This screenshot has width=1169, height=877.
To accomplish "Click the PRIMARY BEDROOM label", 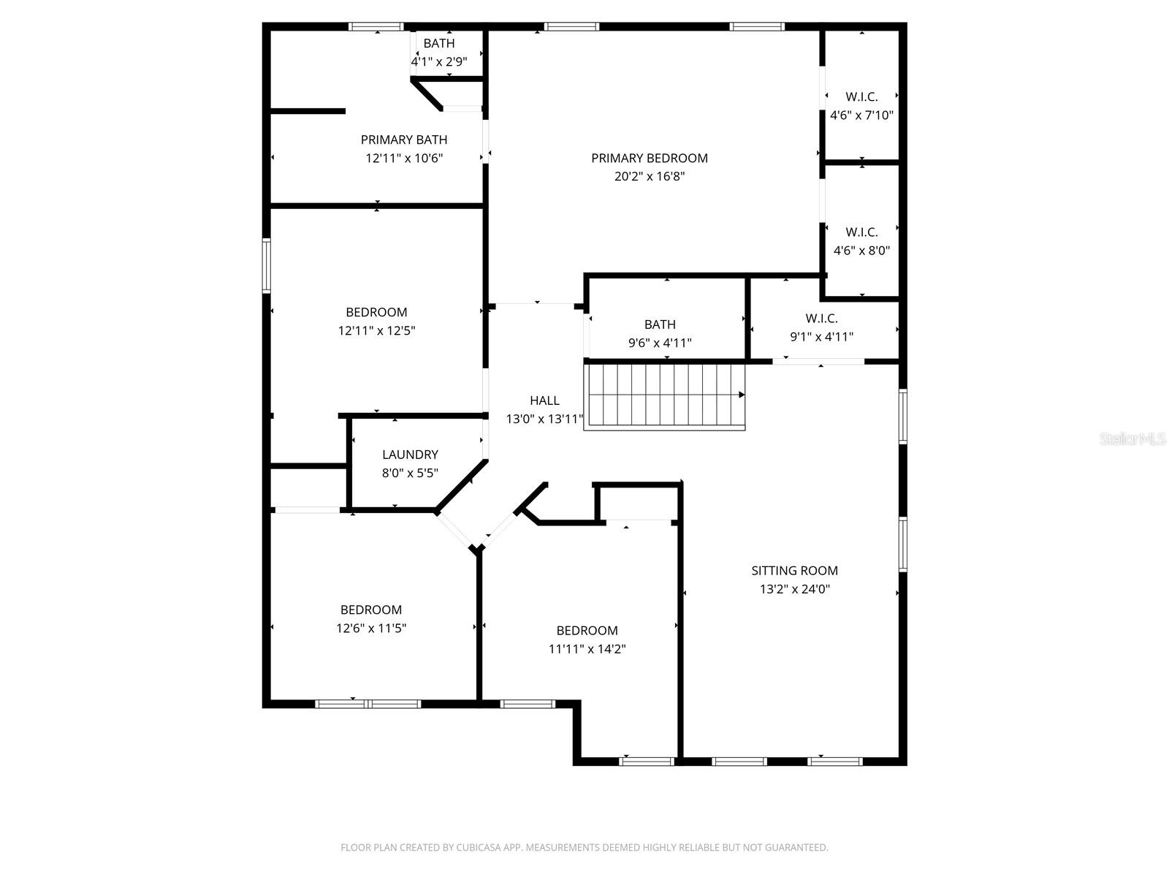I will pyautogui.click(x=649, y=158).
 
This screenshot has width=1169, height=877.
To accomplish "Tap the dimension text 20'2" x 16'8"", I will pyautogui.click(x=649, y=176).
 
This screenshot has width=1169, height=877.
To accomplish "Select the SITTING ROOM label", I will pyautogui.click(x=794, y=571).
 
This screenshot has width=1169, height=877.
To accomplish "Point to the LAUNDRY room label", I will pyautogui.click(x=410, y=455).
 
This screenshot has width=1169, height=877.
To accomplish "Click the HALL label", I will pyautogui.click(x=544, y=400).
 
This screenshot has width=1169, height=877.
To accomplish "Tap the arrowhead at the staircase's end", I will pyautogui.click(x=742, y=395).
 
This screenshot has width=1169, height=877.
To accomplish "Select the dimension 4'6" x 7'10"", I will pyautogui.click(x=861, y=115).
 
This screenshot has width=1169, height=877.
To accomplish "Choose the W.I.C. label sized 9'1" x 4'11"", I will pyautogui.click(x=821, y=319).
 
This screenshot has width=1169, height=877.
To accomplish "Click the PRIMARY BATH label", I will pyautogui.click(x=404, y=140).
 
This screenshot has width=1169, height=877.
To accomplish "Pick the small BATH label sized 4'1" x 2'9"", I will pyautogui.click(x=439, y=44).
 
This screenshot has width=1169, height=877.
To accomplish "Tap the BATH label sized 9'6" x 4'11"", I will pyautogui.click(x=660, y=324).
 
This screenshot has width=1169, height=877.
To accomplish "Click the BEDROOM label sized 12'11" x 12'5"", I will pyautogui.click(x=376, y=312).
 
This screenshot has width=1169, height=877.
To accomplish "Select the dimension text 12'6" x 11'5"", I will pyautogui.click(x=371, y=628).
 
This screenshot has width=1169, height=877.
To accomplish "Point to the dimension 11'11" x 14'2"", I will pyautogui.click(x=587, y=649).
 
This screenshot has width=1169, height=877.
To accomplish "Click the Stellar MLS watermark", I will pyautogui.click(x=1132, y=439).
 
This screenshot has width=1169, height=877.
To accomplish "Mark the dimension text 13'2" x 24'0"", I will pyautogui.click(x=794, y=589).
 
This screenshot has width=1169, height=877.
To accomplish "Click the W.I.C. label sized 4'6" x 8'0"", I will pyautogui.click(x=861, y=232).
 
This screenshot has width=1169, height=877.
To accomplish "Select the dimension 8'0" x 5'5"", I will pyautogui.click(x=410, y=473).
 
